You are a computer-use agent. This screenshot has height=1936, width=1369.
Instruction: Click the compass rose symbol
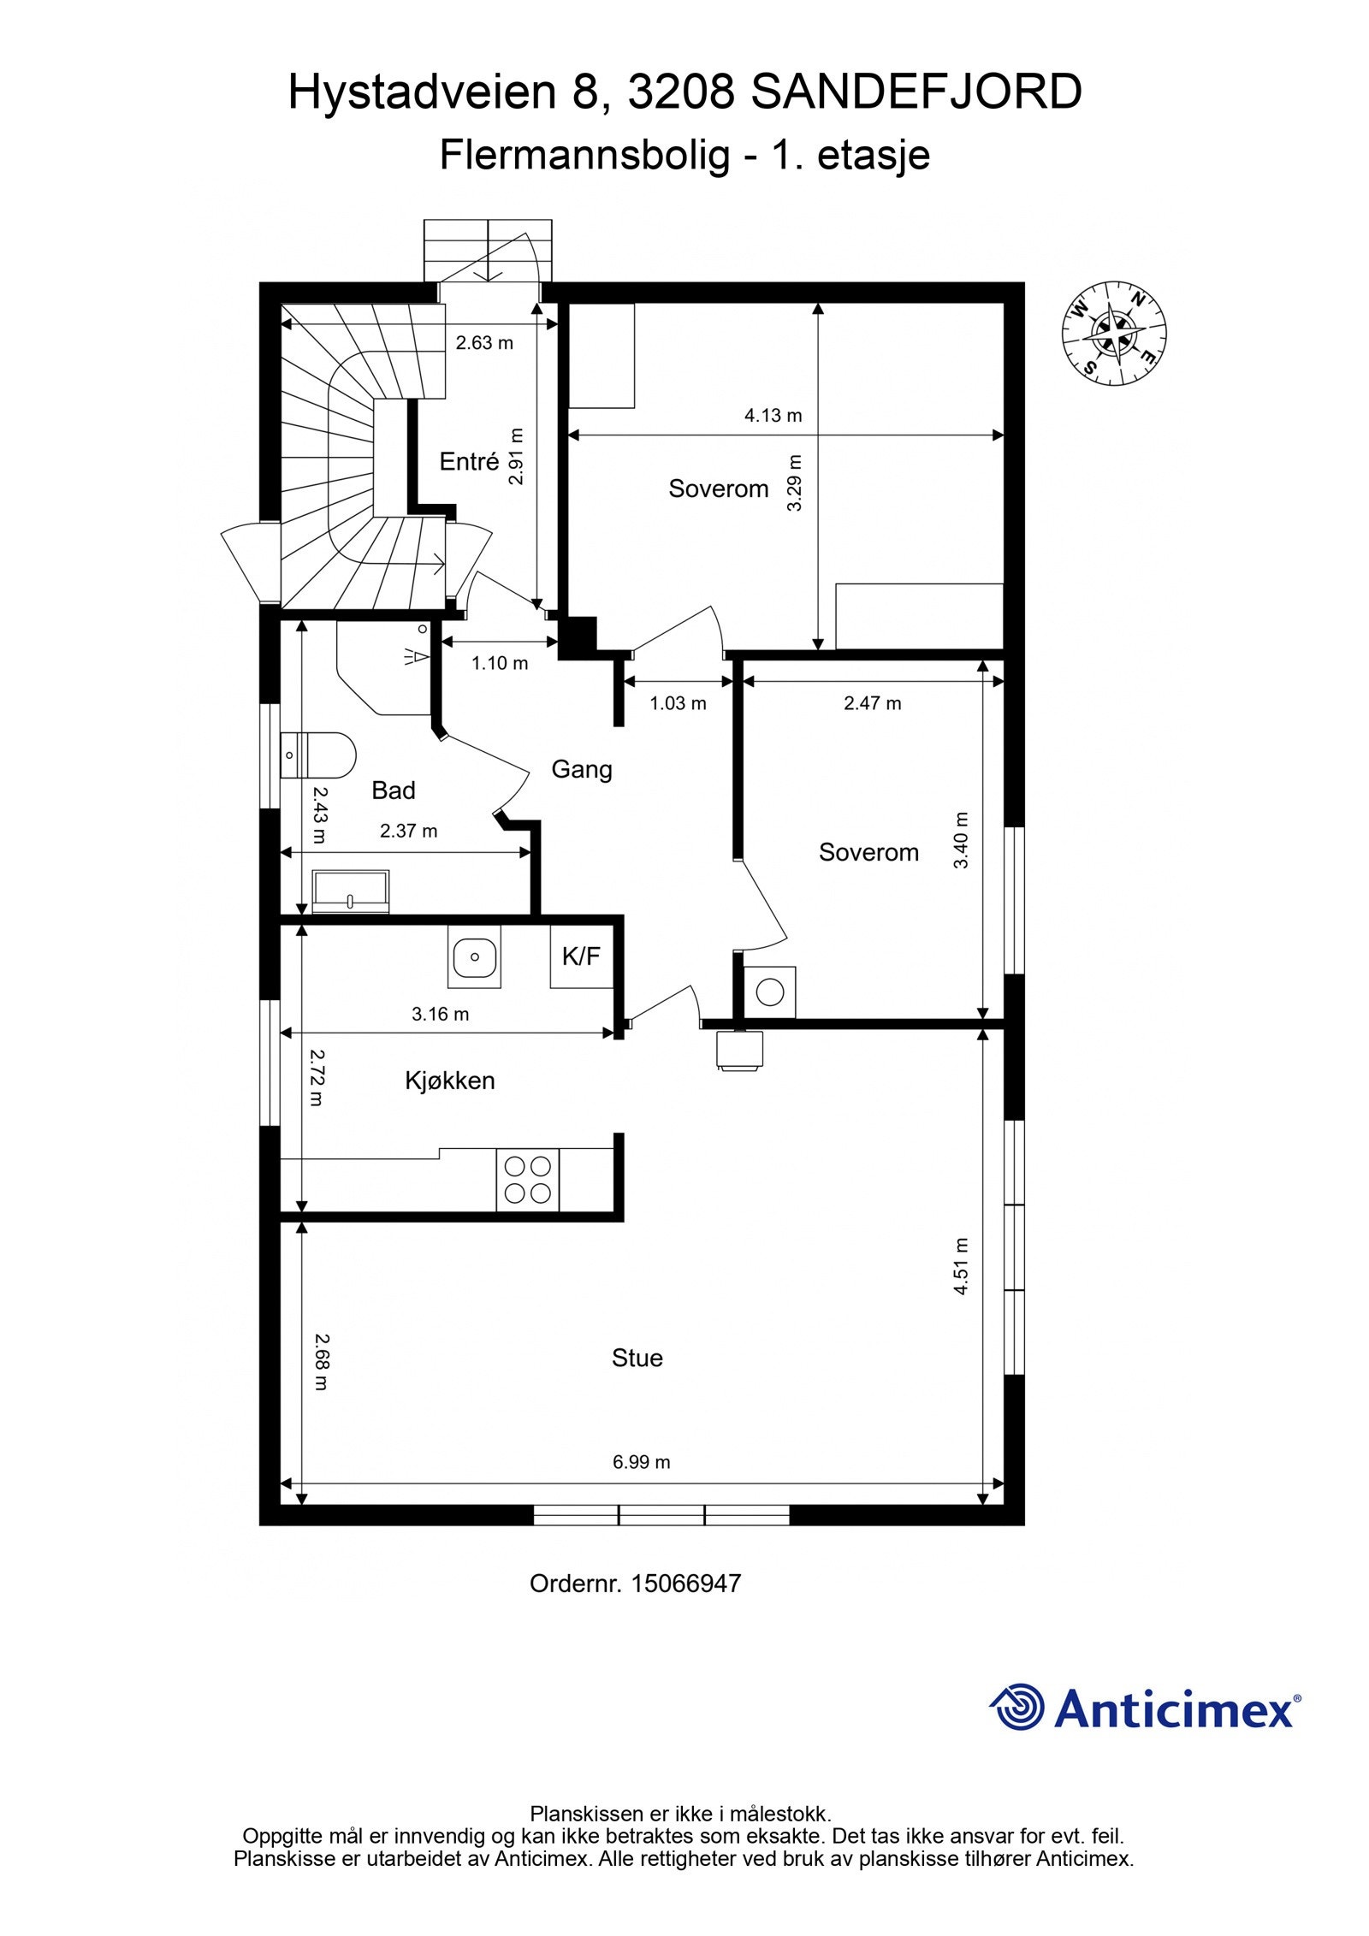click(1114, 333)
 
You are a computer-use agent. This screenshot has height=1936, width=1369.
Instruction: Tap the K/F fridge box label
click(581, 956)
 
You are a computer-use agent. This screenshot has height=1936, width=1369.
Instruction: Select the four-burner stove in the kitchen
click(527, 1180)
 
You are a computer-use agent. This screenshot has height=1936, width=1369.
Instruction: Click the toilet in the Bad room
click(318, 755)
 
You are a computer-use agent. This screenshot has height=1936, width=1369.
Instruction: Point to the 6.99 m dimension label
click(641, 1462)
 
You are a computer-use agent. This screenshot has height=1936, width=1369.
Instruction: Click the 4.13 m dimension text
click(773, 416)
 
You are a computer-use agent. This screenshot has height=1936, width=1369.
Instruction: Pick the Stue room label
click(637, 1358)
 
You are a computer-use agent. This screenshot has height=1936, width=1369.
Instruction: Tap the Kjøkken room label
click(450, 1080)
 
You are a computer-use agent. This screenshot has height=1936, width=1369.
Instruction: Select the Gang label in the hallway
click(582, 769)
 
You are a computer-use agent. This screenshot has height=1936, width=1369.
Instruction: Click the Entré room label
click(469, 462)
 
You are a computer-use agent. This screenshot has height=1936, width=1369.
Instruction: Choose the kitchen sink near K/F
click(473, 958)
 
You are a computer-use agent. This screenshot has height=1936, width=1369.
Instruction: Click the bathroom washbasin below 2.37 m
click(351, 891)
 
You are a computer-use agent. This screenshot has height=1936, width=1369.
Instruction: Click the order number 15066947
click(685, 1584)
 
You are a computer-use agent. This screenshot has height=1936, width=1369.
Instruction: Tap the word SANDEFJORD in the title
click(916, 92)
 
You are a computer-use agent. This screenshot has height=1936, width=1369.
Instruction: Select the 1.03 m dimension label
click(678, 703)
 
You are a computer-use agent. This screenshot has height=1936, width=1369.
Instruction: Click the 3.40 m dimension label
click(961, 840)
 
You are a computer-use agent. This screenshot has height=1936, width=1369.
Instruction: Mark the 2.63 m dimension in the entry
click(484, 343)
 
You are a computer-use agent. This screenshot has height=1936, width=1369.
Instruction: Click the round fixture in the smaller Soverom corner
click(770, 992)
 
